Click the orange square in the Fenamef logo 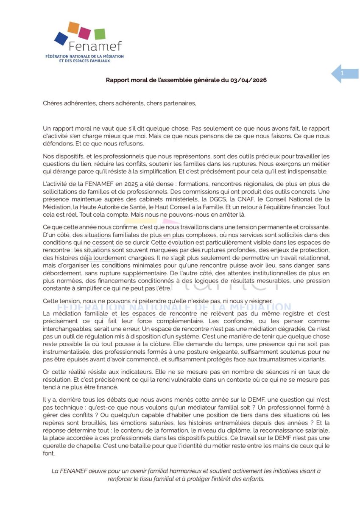click(74, 28)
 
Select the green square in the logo click(100, 34)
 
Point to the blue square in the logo click(61, 39)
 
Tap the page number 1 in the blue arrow click(342, 74)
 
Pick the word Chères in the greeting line click(52, 103)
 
